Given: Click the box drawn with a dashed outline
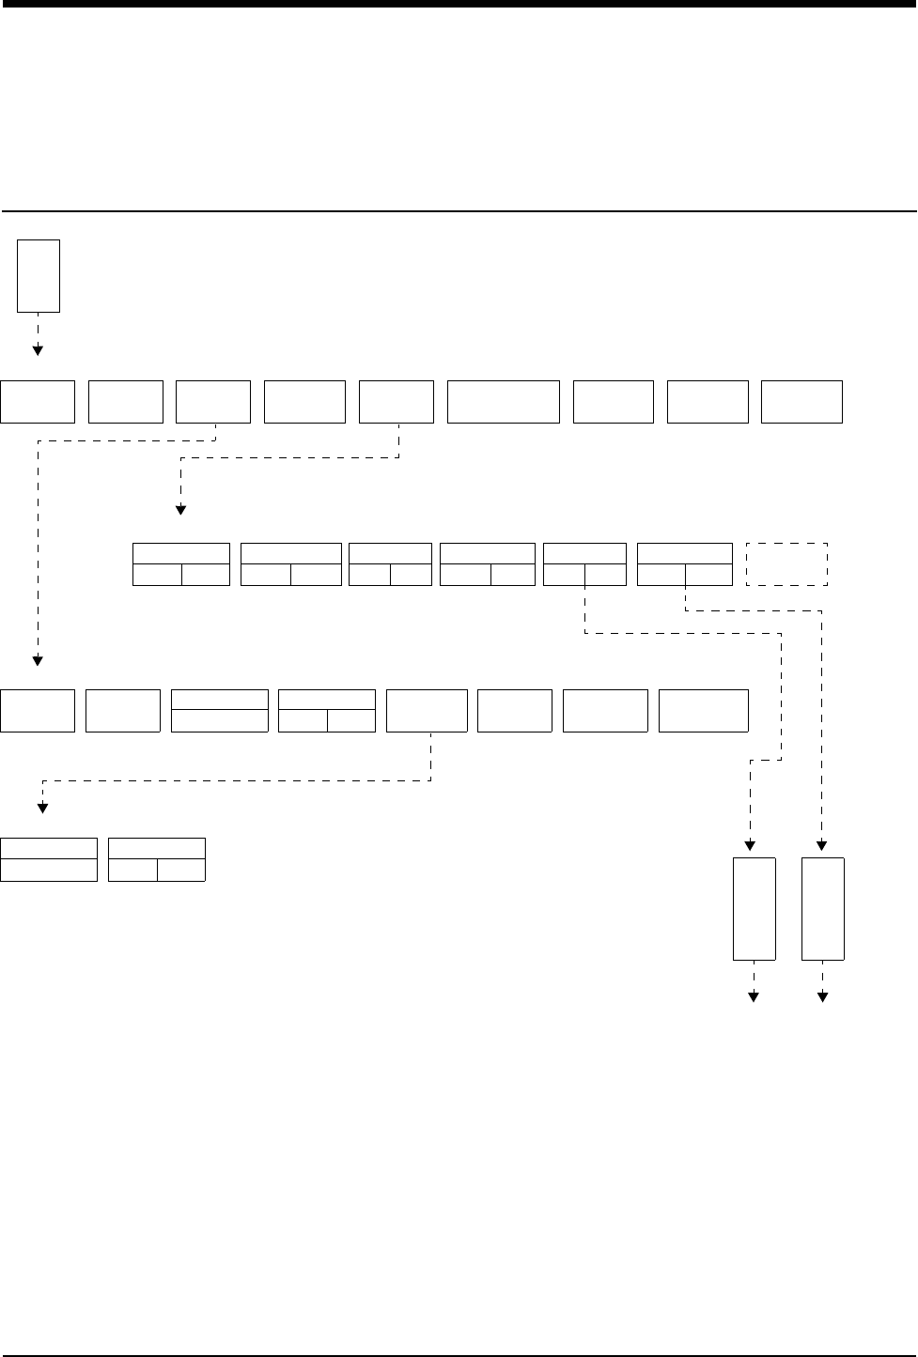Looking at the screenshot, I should pos(786,563).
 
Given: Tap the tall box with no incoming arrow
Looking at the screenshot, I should pos(39,275).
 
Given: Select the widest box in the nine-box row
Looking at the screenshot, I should pos(504,402).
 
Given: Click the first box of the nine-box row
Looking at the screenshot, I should pos(38,402).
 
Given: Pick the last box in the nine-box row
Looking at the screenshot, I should pos(801,402).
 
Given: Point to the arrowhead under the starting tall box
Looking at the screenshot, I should pos(39,350).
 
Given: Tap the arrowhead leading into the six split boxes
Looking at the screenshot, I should pos(180,510).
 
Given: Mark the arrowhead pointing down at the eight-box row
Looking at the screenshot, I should pos(39,659).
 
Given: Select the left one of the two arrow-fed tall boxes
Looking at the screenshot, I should pos(754,908).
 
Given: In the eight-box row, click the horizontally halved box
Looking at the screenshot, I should pos(220,711).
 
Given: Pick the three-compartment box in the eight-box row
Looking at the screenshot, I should pos(327,711).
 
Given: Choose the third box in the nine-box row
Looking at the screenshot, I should pos(213,402).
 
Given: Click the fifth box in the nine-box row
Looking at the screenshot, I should pos(397,402).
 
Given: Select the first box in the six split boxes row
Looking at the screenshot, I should pos(181,563).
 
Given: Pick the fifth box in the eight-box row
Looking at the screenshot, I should pos(427,711).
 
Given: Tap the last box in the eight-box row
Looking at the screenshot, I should pos(704,711).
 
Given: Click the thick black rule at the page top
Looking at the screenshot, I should pos(459,4).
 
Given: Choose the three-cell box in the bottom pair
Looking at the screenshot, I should pos(157,859).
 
